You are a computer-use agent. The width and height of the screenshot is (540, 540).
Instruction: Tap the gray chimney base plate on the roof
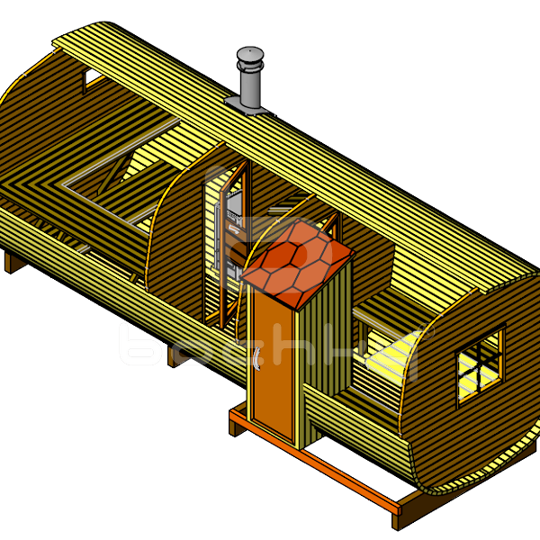pos(248,107)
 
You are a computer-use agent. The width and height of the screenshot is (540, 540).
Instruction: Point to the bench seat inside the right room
pos(378,315)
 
